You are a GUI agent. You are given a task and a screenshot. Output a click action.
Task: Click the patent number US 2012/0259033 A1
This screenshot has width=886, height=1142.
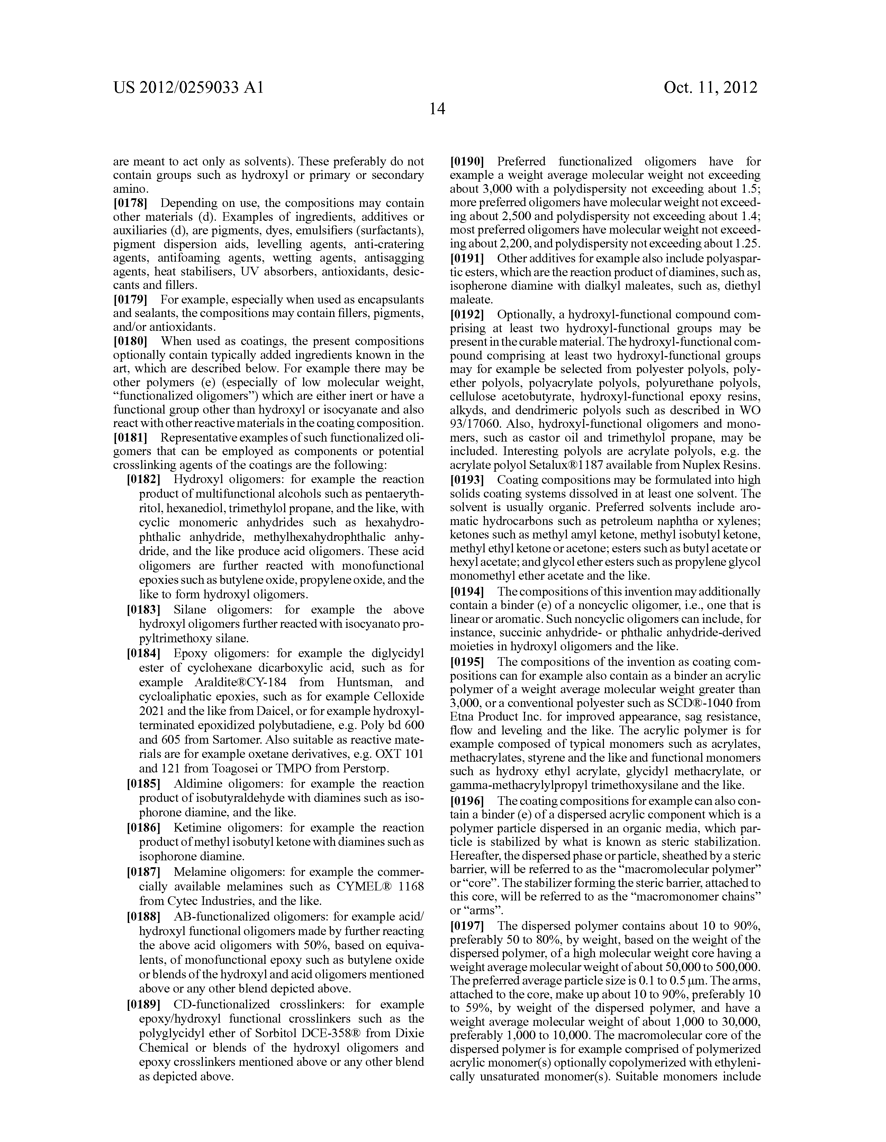point(188,87)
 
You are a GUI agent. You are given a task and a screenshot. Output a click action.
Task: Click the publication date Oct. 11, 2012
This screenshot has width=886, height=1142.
point(710,87)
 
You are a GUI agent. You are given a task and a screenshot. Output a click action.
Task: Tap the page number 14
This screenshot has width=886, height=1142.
point(437,109)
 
